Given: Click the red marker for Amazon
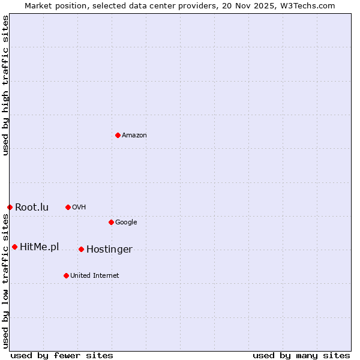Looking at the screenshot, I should coord(118,135).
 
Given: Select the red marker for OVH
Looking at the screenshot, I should coord(68,207).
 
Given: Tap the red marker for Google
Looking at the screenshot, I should coord(111,222).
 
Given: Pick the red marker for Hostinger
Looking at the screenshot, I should coord(81,249).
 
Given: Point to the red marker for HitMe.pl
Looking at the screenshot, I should coord(14,247).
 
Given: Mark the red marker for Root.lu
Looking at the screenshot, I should coord(10,207).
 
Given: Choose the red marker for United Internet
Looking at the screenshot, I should coord(66,275).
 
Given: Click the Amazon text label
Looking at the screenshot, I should coord(134,136).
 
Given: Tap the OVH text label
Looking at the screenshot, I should coord(79,208).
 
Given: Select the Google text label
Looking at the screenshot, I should coord(126,223).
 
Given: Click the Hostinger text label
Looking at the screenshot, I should coord(109,250).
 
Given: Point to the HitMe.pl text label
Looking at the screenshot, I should coord(40,247).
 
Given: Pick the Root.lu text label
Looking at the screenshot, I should coord(32,208).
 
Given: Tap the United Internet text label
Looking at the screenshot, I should coord(95,276).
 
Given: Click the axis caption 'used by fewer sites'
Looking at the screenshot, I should coord(62,355).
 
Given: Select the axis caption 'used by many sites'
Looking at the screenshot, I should coord(301,355).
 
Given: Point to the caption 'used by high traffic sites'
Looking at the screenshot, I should coord(5,85).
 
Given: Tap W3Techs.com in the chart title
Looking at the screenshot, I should coord(309,5).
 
